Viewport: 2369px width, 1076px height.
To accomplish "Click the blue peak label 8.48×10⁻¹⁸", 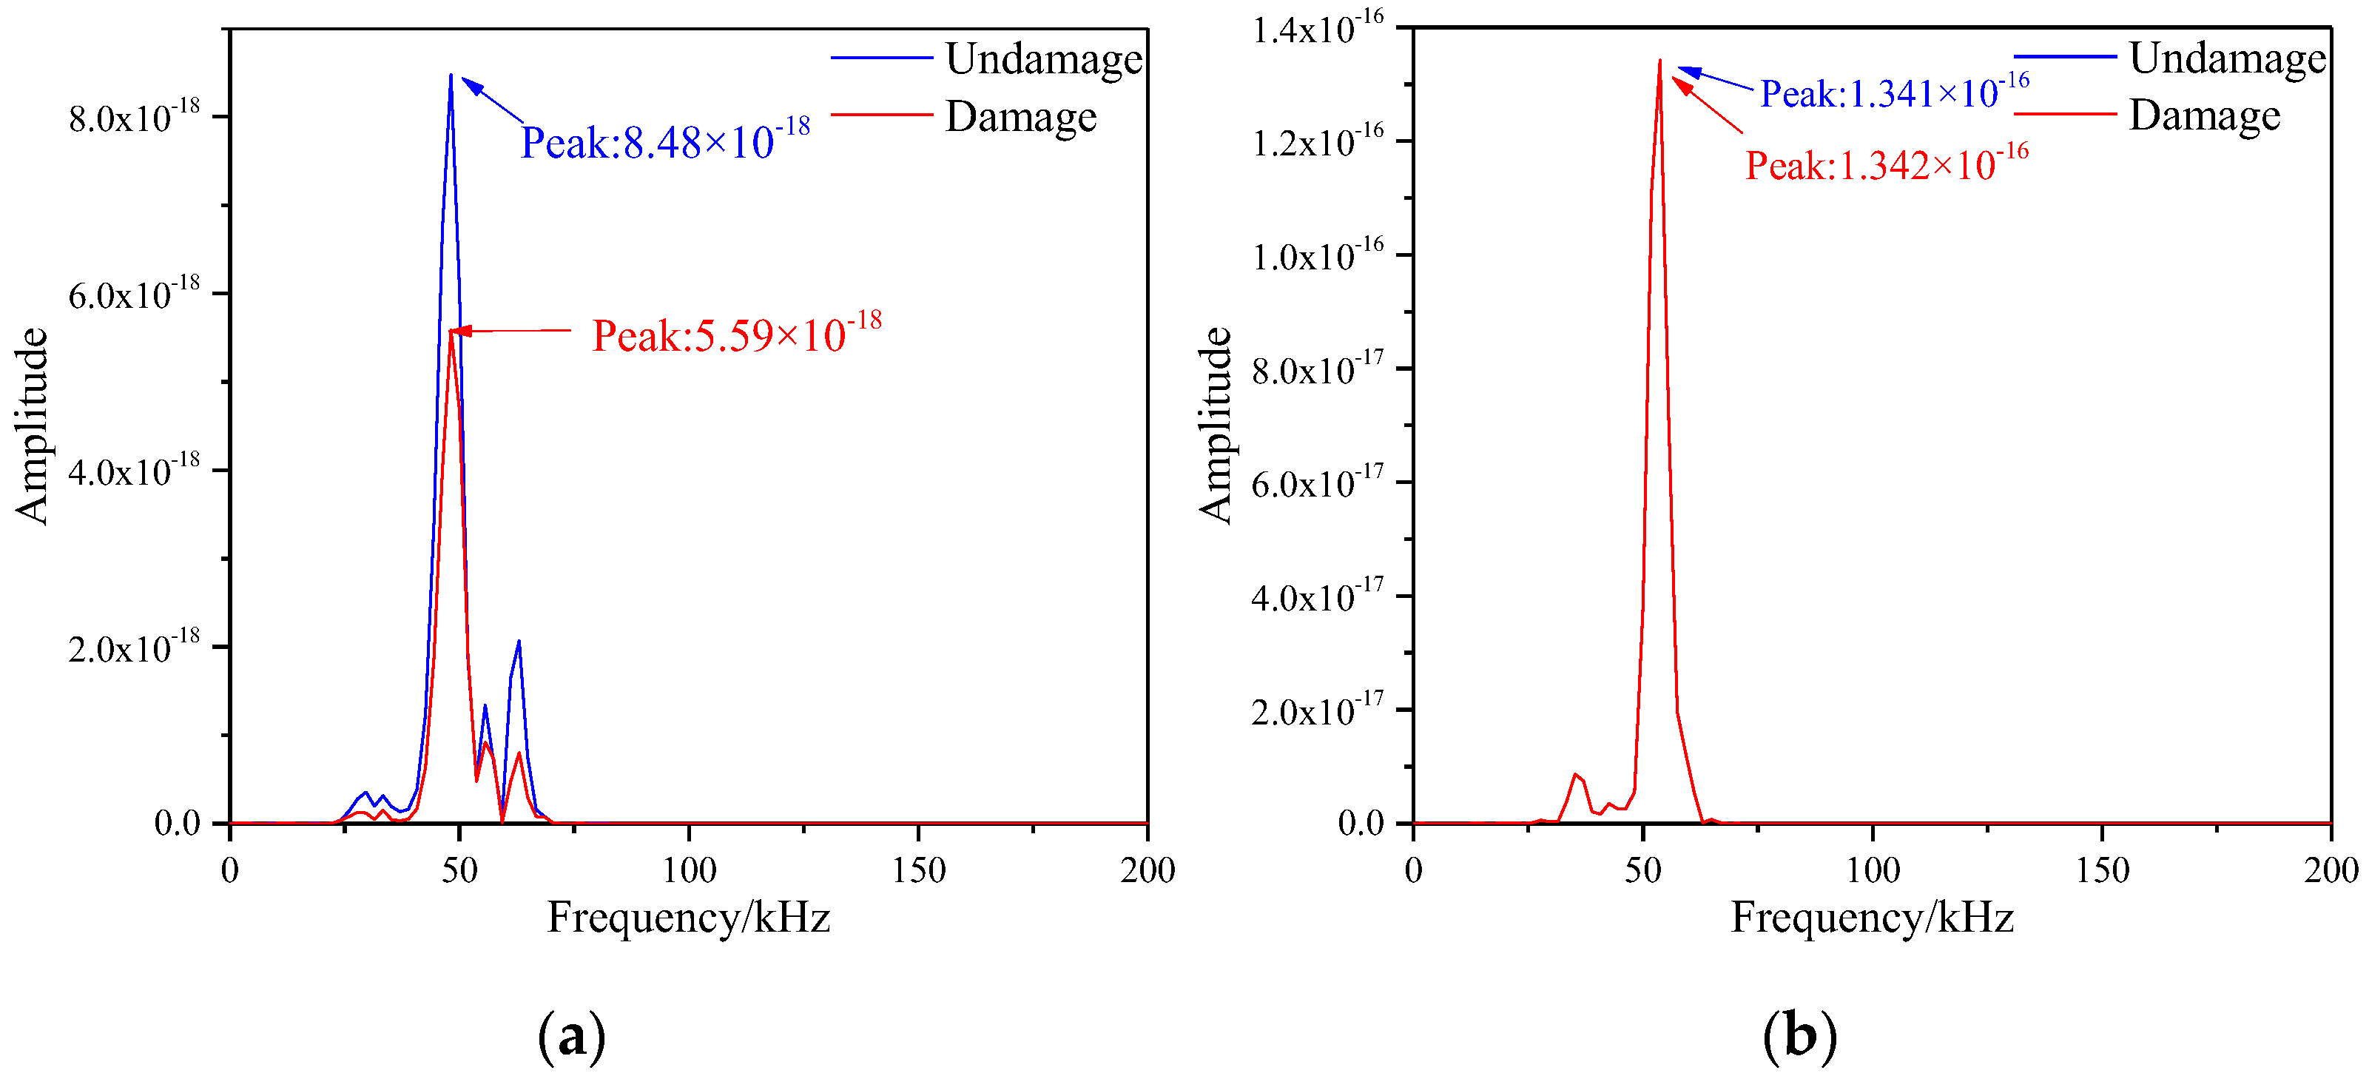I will coord(665,141).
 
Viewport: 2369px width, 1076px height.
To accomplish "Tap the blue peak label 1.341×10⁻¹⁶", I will coord(1895,92).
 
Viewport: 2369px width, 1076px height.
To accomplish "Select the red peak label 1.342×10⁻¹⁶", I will coord(1886,164).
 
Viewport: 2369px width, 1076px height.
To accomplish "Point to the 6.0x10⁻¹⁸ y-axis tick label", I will coord(134,295).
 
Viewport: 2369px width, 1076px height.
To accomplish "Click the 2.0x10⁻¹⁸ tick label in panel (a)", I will coord(134,648).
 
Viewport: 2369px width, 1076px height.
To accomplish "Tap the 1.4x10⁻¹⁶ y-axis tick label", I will coord(1318,29).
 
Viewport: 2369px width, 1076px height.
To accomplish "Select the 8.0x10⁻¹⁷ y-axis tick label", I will coord(1318,370).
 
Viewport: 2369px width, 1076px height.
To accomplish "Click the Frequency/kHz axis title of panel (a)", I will coord(689,918).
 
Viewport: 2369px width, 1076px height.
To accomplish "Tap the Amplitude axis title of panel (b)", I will coord(1215,426).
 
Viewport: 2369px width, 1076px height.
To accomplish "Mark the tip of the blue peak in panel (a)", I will coord(451,75).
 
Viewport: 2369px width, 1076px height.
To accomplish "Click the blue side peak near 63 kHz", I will coord(519,641).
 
